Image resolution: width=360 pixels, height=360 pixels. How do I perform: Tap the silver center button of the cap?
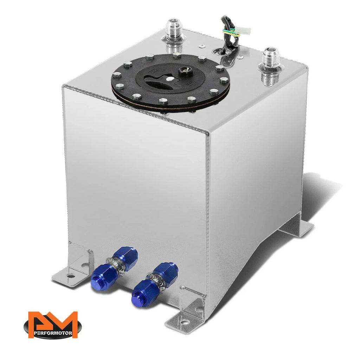click(170, 79)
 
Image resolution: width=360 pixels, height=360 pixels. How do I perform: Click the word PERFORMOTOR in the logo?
click(53, 333)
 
